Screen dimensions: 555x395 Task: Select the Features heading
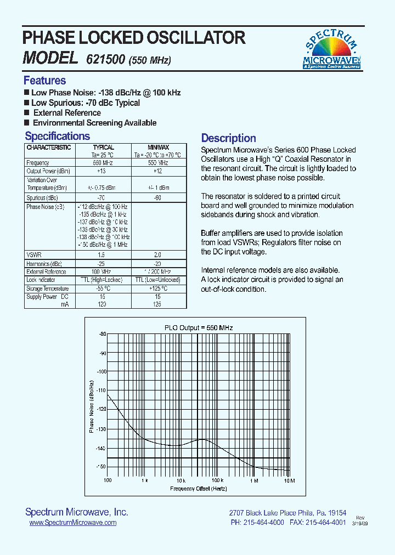[x=44, y=81]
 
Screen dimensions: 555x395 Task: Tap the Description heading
[x=228, y=138]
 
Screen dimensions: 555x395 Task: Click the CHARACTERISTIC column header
[x=49, y=148]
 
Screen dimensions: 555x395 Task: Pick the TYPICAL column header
[x=103, y=148]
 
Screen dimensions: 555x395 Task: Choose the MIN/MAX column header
[x=158, y=148]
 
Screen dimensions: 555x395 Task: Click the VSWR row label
[x=34, y=255]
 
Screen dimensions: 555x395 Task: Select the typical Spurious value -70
[x=101, y=197]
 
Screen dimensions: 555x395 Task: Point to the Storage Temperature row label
[x=48, y=288]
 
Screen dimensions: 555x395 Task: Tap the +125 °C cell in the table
[x=157, y=288]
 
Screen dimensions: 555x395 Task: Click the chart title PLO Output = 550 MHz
[x=199, y=327]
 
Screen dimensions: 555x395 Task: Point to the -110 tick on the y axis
[x=101, y=389]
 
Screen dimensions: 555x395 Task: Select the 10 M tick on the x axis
[x=289, y=480]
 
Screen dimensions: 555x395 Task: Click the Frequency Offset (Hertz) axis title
[x=198, y=488]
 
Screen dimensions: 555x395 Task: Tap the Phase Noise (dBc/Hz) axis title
[x=92, y=406]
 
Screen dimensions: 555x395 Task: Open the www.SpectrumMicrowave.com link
[x=72, y=523]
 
